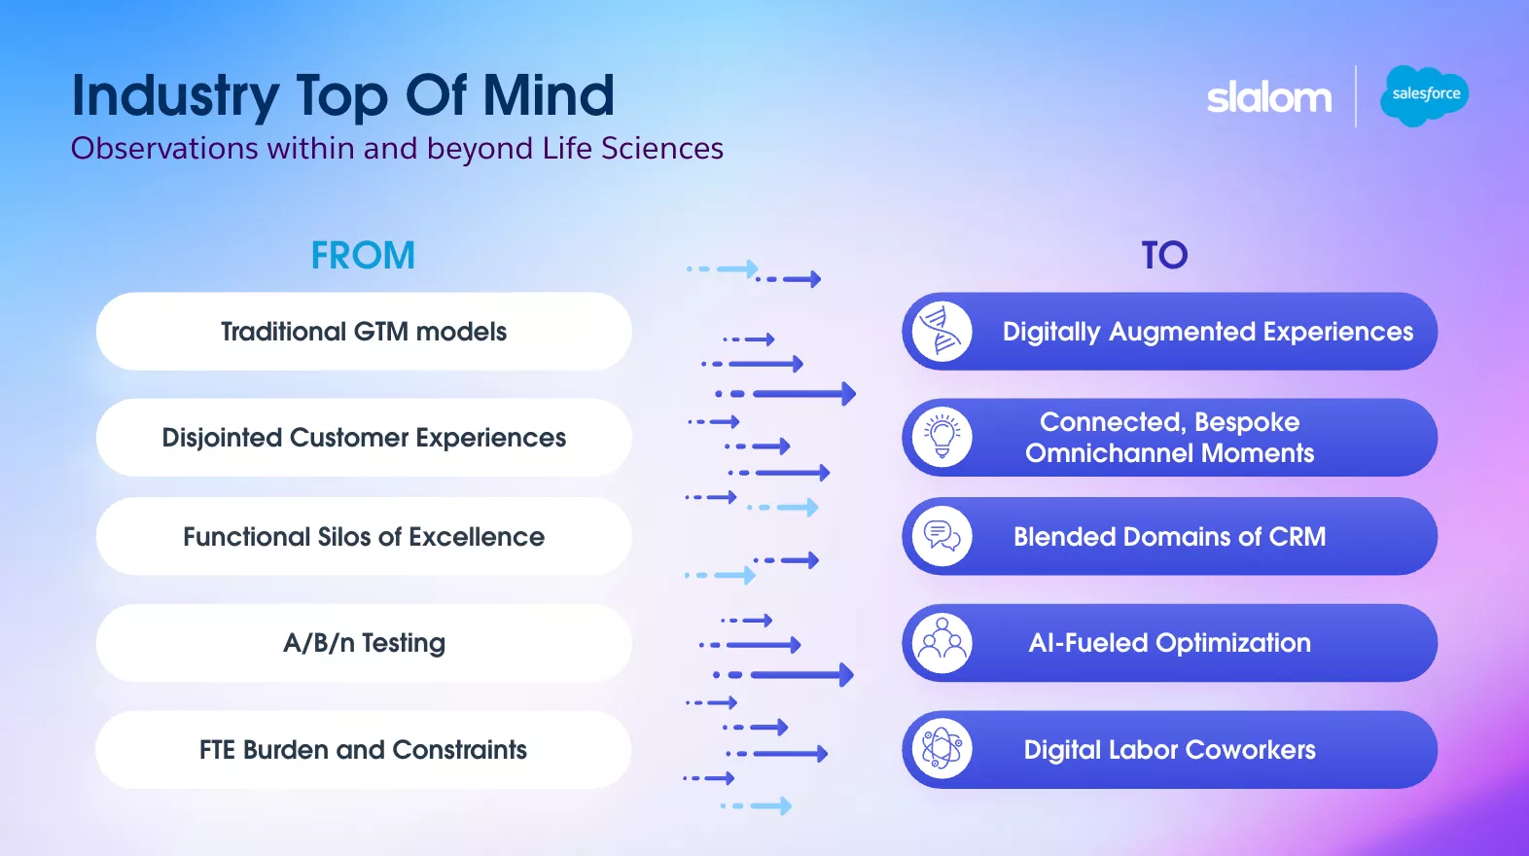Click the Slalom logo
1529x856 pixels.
(1268, 97)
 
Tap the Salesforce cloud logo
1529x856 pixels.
(1425, 94)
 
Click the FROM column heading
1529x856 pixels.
(363, 255)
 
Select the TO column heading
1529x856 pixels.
(1164, 255)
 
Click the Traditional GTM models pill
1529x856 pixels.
(364, 332)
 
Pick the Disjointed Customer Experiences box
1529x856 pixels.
(364, 438)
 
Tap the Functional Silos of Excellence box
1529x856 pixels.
(364, 537)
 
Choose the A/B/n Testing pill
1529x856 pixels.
(364, 643)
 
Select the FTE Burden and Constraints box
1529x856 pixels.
(364, 750)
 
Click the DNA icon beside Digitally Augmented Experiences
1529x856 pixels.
(942, 332)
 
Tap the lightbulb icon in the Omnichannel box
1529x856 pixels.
(942, 438)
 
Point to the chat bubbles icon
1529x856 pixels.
(942, 537)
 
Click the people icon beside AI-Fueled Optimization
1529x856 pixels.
(942, 643)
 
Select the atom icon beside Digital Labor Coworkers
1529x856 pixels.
(942, 750)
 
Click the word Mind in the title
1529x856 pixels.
(549, 95)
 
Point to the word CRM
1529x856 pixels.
(1297, 537)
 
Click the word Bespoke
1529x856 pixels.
(1246, 422)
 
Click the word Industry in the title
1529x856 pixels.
(175, 97)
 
